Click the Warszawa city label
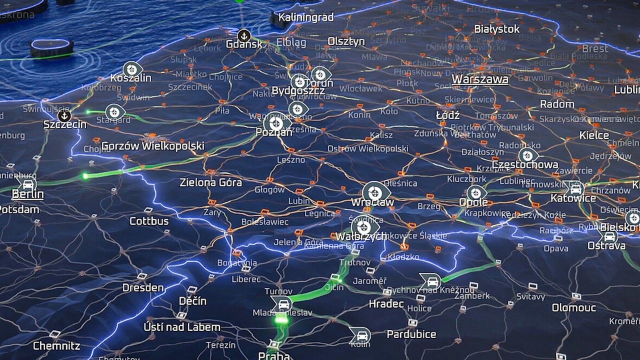point(480,79)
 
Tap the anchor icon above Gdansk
point(244,35)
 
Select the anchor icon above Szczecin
point(64,115)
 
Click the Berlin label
point(27,194)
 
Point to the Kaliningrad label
point(305,17)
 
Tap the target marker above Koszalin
point(132,69)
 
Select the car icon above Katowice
point(575,188)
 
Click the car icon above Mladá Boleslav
point(281,303)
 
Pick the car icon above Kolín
point(359,335)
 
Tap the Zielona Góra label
point(210,182)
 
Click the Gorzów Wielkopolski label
point(152,146)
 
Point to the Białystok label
point(496,29)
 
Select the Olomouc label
point(573,307)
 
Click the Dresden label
point(143,287)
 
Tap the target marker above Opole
point(476,192)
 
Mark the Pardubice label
point(411,334)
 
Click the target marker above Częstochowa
point(527,155)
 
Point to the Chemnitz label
point(56,345)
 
